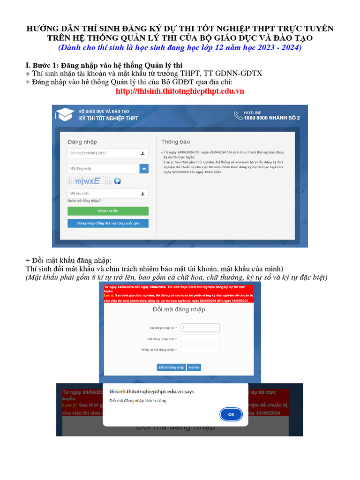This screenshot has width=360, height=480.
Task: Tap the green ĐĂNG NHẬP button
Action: (x=108, y=211)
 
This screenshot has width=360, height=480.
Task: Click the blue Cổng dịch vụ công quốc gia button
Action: (x=108, y=223)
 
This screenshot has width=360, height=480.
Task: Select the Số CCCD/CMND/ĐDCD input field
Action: (x=103, y=153)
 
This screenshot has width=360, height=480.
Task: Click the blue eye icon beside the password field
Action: (x=144, y=168)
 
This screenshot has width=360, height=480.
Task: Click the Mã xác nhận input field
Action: (x=103, y=193)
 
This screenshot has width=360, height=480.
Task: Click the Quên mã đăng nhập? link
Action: (x=84, y=201)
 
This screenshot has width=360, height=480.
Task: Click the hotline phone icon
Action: (x=238, y=115)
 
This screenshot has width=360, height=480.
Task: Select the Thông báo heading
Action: (x=176, y=142)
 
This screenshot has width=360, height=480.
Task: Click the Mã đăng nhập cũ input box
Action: (x=200, y=328)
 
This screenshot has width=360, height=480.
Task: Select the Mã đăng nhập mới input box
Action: (x=200, y=339)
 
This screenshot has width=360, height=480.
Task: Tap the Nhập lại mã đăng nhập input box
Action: (x=200, y=350)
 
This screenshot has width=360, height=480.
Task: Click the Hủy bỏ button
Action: (x=194, y=367)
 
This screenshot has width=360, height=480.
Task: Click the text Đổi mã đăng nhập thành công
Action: (x=138, y=401)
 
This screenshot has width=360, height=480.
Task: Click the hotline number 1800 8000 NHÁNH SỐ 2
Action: (x=272, y=118)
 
